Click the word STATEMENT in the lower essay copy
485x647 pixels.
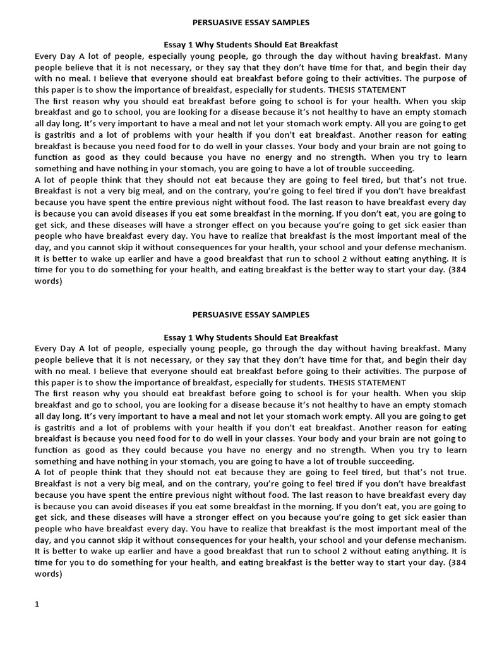[381, 382]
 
